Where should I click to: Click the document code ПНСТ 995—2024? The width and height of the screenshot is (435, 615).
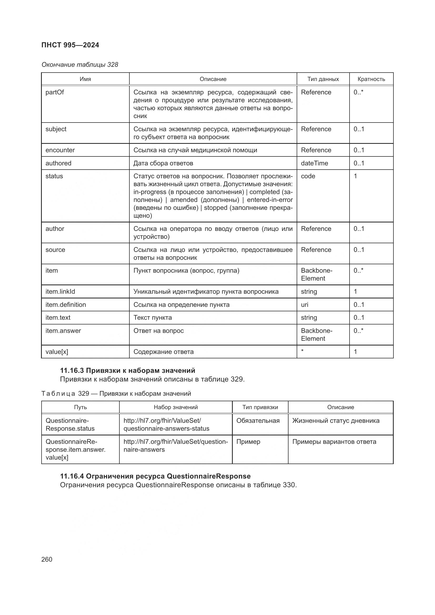click(70, 45)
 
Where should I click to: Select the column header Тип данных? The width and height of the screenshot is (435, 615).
click(323, 79)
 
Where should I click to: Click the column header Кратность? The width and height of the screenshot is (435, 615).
click(371, 79)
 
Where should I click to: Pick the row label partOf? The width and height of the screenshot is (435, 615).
click(55, 92)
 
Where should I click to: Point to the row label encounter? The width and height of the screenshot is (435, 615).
click(60, 150)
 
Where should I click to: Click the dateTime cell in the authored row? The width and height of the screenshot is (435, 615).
click(314, 163)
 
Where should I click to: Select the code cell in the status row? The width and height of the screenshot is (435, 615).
click(308, 176)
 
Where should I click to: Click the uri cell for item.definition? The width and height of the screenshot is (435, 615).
click(305, 304)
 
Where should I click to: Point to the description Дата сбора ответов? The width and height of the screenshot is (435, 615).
click(163, 163)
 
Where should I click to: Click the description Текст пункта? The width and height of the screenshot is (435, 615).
click(153, 318)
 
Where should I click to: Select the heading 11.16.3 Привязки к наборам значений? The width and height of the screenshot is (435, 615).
click(128, 370)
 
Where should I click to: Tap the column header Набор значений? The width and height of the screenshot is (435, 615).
click(176, 407)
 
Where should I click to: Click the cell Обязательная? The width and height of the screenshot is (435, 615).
click(258, 420)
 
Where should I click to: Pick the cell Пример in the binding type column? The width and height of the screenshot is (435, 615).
click(248, 442)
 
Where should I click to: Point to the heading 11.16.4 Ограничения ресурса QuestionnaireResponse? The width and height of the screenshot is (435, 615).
click(155, 476)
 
